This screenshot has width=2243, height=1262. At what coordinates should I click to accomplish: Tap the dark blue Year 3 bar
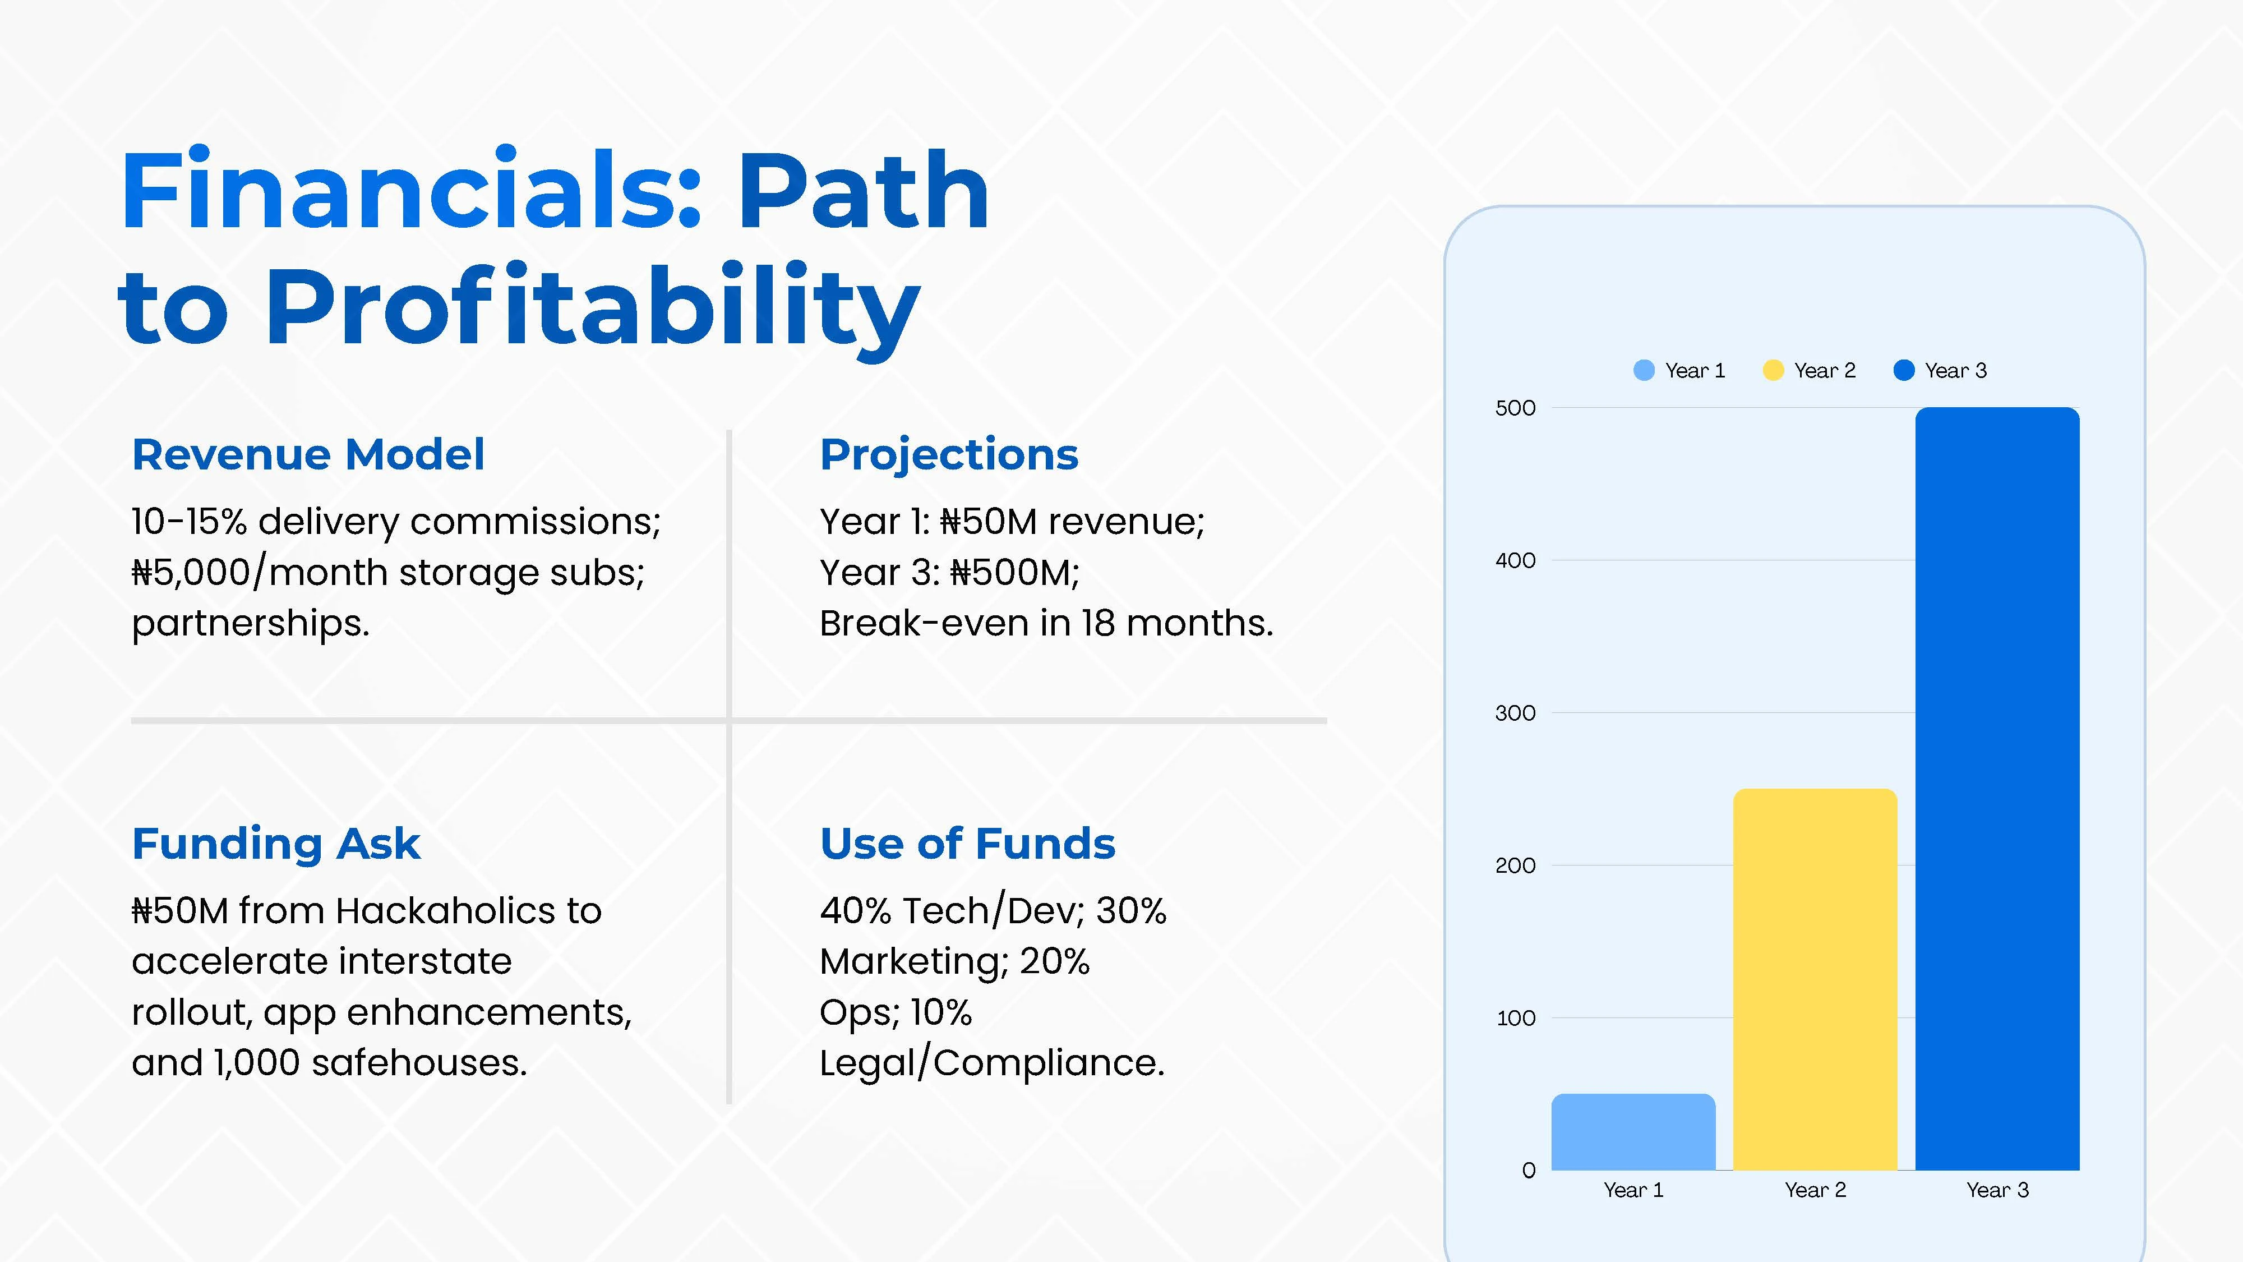click(1997, 788)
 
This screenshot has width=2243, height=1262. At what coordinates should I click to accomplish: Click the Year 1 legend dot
click(1644, 370)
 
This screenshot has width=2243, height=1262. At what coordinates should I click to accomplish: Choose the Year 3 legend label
click(1956, 370)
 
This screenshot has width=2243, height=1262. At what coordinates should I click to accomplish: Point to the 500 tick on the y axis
click(1515, 408)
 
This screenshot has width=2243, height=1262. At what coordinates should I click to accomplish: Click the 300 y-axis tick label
click(1515, 712)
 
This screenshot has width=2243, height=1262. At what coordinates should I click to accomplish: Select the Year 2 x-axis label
click(1816, 1190)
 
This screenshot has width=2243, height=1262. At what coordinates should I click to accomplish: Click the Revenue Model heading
click(308, 455)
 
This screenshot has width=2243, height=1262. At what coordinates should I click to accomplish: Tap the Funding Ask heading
click(276, 844)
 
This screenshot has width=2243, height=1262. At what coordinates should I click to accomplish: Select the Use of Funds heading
click(967, 844)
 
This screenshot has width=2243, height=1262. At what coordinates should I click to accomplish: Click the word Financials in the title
click(411, 190)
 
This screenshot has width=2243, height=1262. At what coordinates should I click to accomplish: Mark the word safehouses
click(419, 1062)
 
